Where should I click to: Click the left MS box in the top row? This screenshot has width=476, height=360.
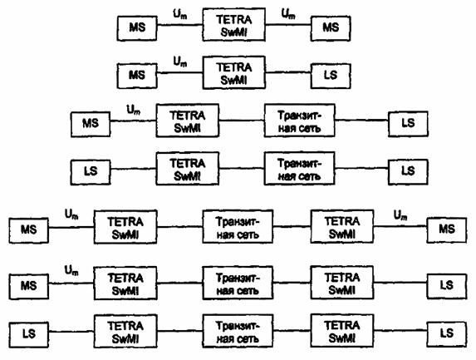tap(137, 28)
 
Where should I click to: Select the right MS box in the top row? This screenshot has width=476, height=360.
tap(331, 28)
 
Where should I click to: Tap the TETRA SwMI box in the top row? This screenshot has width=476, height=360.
tap(233, 25)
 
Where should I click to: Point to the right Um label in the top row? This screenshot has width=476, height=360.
tap(288, 14)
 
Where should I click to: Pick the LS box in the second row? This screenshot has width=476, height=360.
tap(331, 76)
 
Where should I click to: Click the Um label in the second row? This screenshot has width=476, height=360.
tap(180, 62)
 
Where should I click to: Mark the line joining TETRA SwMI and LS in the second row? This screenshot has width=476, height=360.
tap(288, 72)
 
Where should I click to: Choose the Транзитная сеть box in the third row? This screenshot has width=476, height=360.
tap(300, 121)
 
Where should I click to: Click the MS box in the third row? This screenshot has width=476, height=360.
tap(91, 124)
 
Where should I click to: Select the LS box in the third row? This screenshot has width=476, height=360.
tap(408, 124)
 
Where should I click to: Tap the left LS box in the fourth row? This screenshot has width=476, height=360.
tap(91, 172)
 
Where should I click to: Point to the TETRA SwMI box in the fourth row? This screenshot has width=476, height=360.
tap(187, 169)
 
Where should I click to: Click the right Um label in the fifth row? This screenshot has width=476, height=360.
tap(400, 215)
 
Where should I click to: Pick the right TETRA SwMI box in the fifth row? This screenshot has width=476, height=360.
tap(342, 226)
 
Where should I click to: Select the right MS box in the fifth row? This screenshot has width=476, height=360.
tap(447, 230)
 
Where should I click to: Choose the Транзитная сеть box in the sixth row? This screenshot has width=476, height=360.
tap(238, 283)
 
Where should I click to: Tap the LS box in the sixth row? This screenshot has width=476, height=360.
tap(447, 286)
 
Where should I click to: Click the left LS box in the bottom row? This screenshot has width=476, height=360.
tap(28, 335)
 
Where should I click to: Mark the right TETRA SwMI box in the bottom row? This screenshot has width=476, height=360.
tap(342, 331)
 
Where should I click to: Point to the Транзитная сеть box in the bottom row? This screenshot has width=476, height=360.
tap(238, 331)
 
